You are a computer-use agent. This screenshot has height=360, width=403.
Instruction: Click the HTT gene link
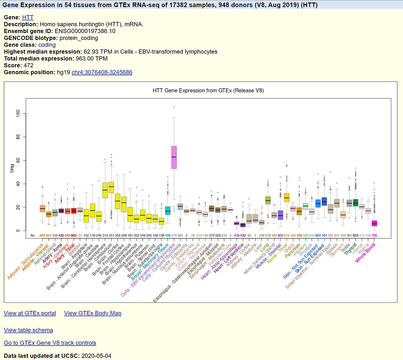click(x=28, y=17)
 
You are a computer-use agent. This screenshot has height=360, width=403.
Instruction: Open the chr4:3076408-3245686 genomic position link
click(x=102, y=72)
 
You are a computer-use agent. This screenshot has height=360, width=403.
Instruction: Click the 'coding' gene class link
click(x=47, y=45)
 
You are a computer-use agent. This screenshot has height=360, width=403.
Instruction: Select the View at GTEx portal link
click(x=30, y=313)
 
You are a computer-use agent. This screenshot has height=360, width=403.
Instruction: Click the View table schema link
click(x=28, y=330)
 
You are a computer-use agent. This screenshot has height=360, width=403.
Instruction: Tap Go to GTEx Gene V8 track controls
click(x=50, y=343)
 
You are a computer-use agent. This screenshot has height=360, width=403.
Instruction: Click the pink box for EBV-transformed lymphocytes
click(x=174, y=157)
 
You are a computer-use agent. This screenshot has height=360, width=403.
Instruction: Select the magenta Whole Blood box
click(x=374, y=223)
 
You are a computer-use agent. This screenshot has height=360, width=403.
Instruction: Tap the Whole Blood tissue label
click(x=365, y=252)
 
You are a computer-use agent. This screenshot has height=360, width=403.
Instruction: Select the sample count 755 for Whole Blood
click(x=374, y=235)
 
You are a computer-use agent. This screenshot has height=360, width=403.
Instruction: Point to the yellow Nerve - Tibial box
click(x=287, y=197)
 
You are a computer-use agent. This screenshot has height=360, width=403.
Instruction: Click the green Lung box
click(x=268, y=200)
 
